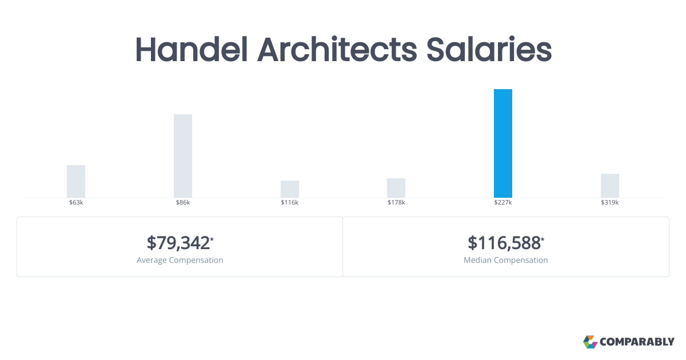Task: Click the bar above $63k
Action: pos(76,181)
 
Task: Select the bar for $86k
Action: pos(183,156)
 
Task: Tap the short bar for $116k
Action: pos(290,189)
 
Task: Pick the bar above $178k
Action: pos(396,188)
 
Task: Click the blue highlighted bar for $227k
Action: pos(503,143)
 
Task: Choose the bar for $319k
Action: pos(610,186)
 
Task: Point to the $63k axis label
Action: pos(76,203)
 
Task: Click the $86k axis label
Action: pos(183,203)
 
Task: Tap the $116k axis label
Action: pos(290,203)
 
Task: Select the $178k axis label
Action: pos(396,203)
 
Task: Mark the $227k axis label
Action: pos(503,203)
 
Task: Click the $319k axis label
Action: pos(610,203)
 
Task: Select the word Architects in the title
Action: pos(337,50)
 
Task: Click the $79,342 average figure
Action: pos(178,243)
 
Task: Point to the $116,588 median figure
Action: pos(504,243)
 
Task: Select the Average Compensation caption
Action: pos(180,260)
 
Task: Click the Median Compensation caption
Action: pos(506,260)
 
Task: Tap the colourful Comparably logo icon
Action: pos(590,342)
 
